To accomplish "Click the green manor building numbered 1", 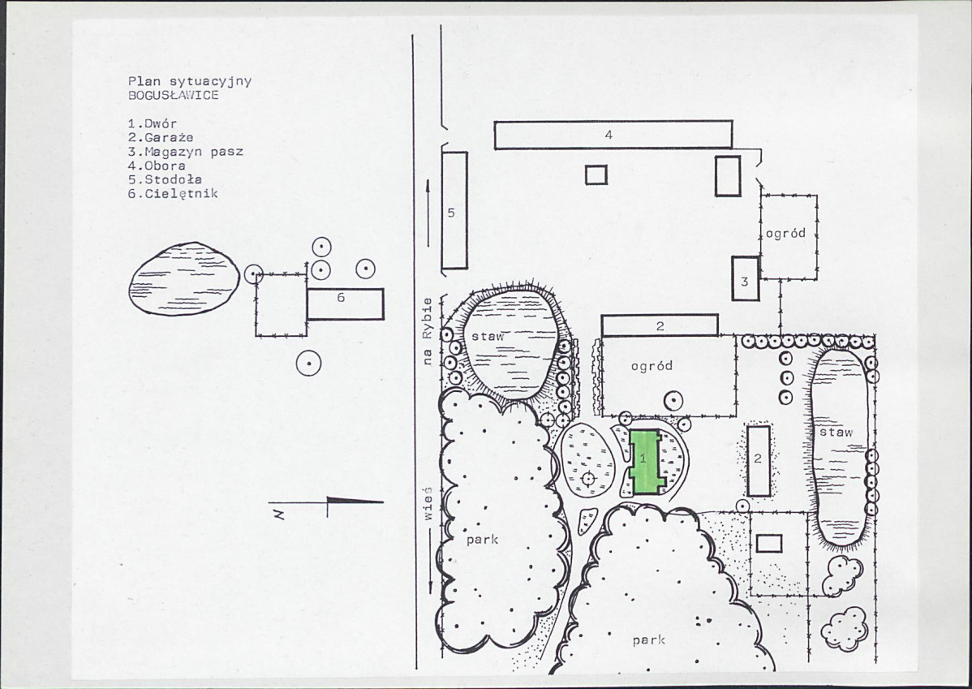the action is [x=646, y=462].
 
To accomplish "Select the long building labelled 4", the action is [x=613, y=135].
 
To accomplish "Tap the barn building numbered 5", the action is [x=454, y=210].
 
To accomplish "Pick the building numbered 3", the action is [x=745, y=278].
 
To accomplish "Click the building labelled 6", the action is [x=346, y=304].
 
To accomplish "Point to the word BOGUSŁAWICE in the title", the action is [x=173, y=96].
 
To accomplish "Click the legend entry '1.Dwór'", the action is [x=153, y=123].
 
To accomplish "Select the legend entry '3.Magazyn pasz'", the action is [x=185, y=151].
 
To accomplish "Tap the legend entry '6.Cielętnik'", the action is [x=173, y=193].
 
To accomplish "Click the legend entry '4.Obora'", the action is [x=157, y=166].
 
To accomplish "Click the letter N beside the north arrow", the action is [x=280, y=514].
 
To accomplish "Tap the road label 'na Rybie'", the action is [x=427, y=331].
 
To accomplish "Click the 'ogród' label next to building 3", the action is [x=785, y=233].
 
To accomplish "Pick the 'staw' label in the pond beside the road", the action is [x=488, y=337].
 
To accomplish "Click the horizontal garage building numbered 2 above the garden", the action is [x=660, y=325].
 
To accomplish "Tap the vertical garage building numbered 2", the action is [x=759, y=460].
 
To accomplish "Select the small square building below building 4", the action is [x=596, y=174].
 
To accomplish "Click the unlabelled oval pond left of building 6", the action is [x=184, y=278].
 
